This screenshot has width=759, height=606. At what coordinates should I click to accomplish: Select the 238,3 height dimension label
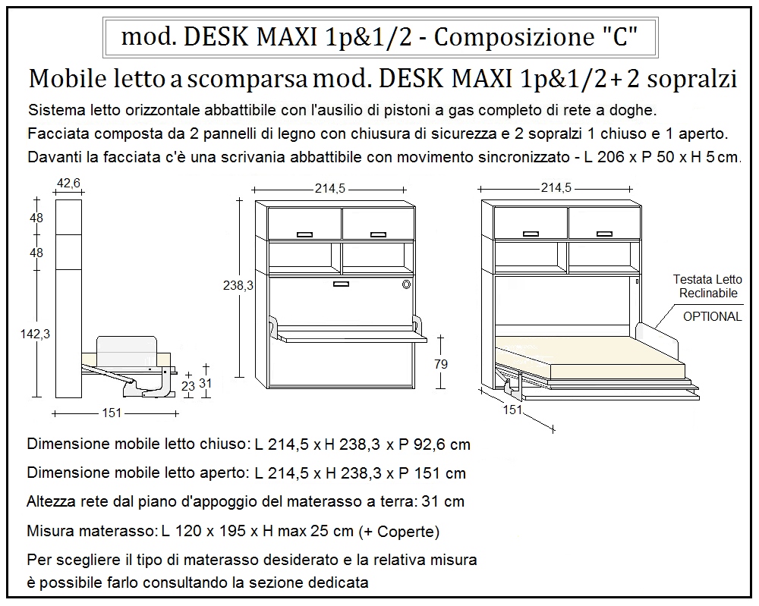238,286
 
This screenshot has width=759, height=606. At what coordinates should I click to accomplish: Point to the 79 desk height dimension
440,364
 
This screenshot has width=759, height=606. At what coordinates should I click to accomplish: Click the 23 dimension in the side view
188,385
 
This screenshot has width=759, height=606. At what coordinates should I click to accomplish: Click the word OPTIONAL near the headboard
712,316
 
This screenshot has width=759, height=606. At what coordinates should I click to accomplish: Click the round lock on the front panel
406,285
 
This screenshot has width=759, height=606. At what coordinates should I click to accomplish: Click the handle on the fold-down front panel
341,284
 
